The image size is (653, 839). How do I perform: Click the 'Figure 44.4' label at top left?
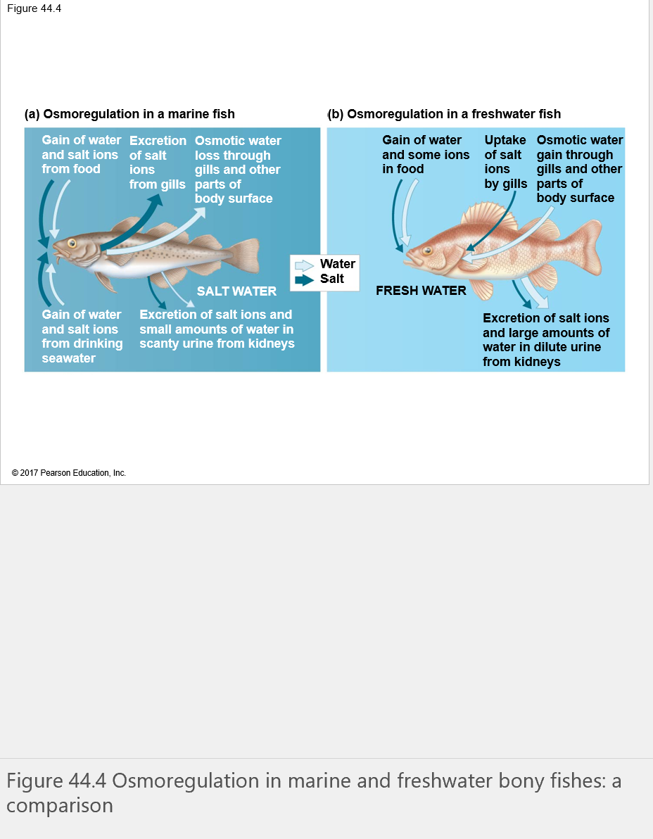34,8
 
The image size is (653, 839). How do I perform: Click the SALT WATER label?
236,291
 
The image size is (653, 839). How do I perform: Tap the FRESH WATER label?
421,290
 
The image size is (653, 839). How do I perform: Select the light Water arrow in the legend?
304,265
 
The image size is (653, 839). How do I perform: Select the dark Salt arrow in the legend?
304,279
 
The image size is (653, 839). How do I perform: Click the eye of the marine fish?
72,243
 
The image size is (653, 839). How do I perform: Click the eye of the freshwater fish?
427,251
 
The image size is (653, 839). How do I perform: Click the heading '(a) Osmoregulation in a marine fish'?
129,114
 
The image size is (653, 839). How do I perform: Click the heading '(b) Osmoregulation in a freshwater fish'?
444,114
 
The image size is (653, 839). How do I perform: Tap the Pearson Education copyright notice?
69,473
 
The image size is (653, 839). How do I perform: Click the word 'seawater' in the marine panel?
68,358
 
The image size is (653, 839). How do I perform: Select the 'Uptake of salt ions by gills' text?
505,162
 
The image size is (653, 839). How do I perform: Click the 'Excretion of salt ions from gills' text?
158,163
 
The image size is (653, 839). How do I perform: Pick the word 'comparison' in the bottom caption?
60,805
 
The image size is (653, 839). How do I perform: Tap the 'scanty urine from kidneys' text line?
217,343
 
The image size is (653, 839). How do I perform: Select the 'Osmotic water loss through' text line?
238,148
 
